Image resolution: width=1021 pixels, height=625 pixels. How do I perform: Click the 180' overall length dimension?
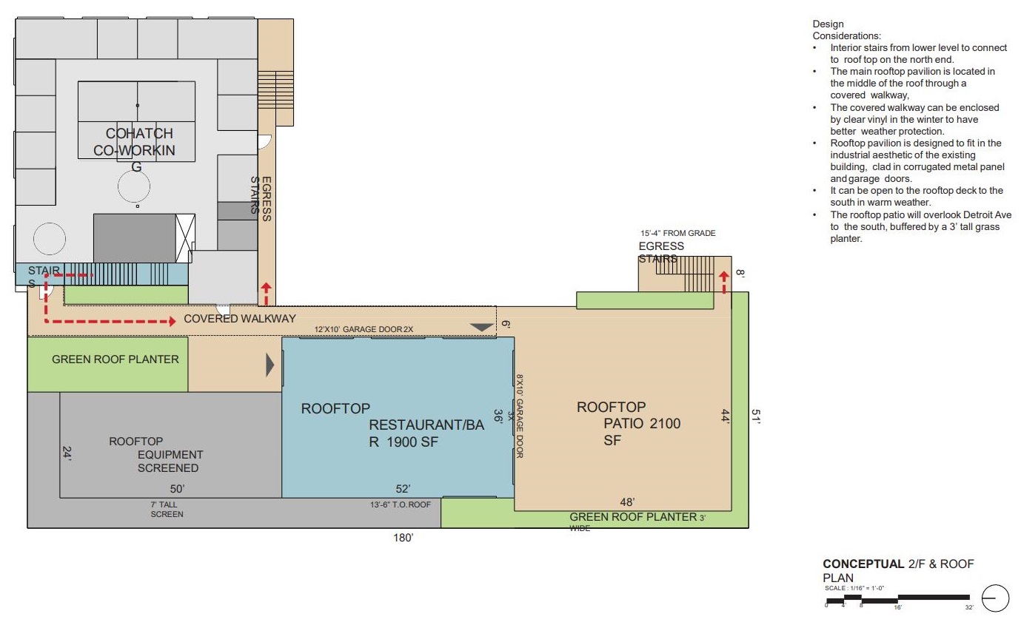click(x=403, y=538)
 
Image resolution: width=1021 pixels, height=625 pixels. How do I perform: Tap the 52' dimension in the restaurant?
click(x=403, y=489)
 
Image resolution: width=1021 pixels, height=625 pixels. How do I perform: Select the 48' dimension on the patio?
click(x=627, y=502)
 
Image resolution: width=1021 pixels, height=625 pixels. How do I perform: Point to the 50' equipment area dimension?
click(x=177, y=489)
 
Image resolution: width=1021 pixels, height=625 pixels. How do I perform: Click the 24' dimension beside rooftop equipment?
click(x=67, y=453)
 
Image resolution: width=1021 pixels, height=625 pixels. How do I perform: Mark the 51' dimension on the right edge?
click(x=756, y=416)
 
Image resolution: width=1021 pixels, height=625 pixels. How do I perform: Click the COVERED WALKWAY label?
click(x=240, y=319)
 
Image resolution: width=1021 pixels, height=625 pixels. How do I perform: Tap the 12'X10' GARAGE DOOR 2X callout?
click(x=364, y=329)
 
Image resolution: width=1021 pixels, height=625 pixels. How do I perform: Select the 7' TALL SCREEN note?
click(x=167, y=510)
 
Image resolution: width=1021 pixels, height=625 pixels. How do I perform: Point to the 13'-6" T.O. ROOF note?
click(x=401, y=504)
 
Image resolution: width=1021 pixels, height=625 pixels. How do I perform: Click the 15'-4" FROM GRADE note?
click(x=677, y=233)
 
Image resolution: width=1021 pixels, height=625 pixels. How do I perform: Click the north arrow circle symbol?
click(x=995, y=598)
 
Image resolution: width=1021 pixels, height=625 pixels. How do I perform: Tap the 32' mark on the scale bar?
click(x=968, y=607)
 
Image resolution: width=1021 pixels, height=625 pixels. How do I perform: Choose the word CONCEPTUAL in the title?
click(x=863, y=564)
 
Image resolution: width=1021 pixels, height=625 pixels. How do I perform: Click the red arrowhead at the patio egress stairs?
click(x=724, y=276)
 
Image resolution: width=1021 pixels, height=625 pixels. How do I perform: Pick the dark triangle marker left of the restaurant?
click(x=270, y=365)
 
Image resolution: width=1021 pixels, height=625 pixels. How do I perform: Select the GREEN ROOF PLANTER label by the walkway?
click(x=116, y=359)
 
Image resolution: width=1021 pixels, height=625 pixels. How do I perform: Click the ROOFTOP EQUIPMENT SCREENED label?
click(x=156, y=455)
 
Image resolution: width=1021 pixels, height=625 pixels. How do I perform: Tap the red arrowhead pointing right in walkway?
click(x=173, y=322)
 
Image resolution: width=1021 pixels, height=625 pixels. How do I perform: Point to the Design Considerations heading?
click(x=846, y=30)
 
